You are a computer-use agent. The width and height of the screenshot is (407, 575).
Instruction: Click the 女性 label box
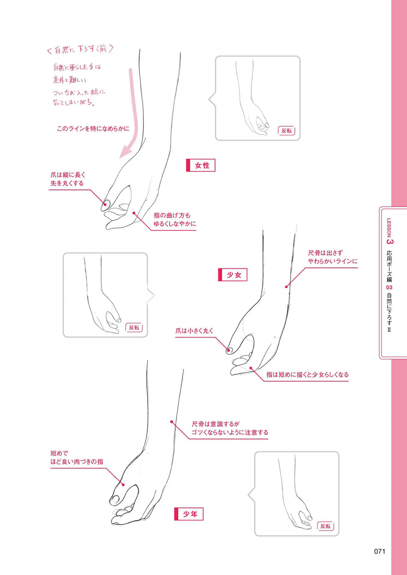click(200, 165)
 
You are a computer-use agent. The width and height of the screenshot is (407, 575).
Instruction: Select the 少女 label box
click(233, 275)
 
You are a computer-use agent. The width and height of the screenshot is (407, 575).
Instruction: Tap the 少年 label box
click(189, 514)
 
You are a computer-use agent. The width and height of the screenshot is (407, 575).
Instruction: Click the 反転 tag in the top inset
click(287, 131)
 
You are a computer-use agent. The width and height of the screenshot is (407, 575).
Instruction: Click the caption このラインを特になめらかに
click(93, 129)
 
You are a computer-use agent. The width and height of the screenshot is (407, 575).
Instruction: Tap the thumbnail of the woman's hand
click(258, 98)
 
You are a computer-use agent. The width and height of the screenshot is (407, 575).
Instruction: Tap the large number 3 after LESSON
click(390, 242)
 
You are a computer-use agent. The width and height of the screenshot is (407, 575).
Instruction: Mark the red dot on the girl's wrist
click(286, 287)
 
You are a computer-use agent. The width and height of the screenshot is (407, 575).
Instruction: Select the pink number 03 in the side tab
click(389, 287)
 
